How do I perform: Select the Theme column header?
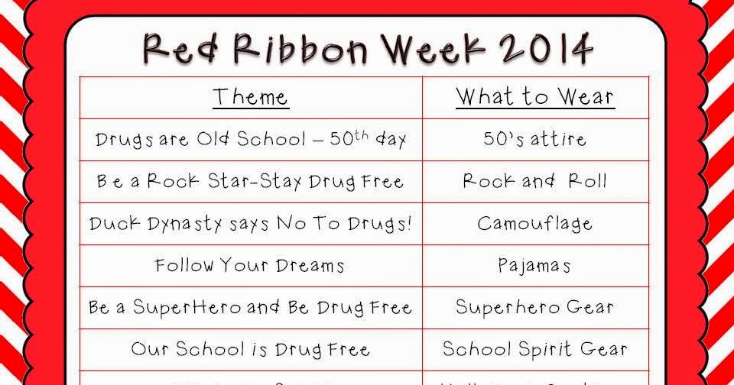pyautogui.click(x=250, y=97)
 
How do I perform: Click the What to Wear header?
pyautogui.click(x=534, y=97)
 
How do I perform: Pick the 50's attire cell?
pyautogui.click(x=534, y=140)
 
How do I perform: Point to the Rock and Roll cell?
pyautogui.click(x=534, y=182)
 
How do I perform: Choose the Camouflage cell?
pyautogui.click(x=534, y=224)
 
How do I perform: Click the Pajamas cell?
pyautogui.click(x=534, y=266)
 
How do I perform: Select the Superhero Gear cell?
pyautogui.click(x=534, y=308)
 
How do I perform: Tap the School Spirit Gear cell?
pyautogui.click(x=534, y=350)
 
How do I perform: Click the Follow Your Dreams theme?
pyautogui.click(x=250, y=266)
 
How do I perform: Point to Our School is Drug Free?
pyautogui.click(x=250, y=350)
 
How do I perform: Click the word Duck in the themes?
pyautogui.click(x=114, y=224)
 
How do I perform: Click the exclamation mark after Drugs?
pyautogui.click(x=408, y=223)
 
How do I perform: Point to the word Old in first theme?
pyautogui.click(x=213, y=140)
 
